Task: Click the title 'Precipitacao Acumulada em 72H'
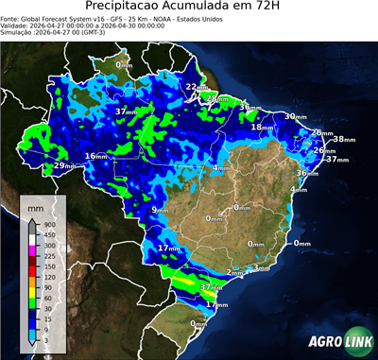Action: tap(189, 8)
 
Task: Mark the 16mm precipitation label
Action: tap(96, 156)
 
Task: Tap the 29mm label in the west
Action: tap(64, 166)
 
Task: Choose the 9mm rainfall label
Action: tap(160, 209)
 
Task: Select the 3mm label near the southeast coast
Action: tap(261, 268)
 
